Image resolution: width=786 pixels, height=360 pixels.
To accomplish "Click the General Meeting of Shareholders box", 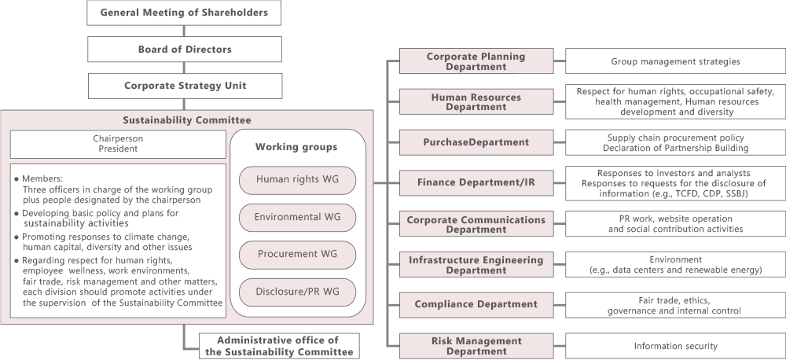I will (184, 13).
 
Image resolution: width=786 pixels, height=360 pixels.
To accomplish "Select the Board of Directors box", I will (184, 49).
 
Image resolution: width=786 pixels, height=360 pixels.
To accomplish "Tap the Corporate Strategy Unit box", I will (184, 86).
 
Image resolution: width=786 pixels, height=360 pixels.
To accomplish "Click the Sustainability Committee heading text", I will (186, 120).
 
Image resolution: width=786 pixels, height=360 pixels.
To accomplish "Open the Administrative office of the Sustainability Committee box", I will (279, 346).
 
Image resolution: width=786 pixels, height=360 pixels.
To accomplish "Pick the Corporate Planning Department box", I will (476, 61).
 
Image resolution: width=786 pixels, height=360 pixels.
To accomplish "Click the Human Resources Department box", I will (476, 102).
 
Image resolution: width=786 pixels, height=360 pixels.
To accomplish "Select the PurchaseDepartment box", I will (476, 142).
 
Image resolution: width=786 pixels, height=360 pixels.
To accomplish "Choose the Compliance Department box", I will (476, 304).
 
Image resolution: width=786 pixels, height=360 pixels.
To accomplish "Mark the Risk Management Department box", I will (476, 346).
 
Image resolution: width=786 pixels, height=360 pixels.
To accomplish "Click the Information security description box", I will (675, 346).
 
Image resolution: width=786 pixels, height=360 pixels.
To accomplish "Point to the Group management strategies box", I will (675, 61).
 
